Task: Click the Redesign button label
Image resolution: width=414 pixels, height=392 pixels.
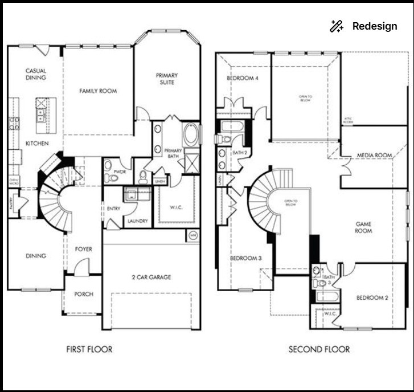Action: (x=375, y=26)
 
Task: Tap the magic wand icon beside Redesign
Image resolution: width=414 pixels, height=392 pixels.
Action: (x=337, y=26)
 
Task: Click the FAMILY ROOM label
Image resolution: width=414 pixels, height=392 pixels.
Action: (x=98, y=91)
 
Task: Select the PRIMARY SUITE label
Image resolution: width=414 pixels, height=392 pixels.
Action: (x=167, y=79)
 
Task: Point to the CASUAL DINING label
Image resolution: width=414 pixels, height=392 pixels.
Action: (x=35, y=74)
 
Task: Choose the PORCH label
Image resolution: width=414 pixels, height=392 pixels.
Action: (x=84, y=294)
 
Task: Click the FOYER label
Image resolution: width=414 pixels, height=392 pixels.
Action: (x=84, y=250)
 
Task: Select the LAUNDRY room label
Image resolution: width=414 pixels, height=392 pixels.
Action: (x=137, y=221)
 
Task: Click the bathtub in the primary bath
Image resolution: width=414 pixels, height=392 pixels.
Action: (x=191, y=136)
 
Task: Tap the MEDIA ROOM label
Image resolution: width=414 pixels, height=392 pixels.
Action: (x=374, y=156)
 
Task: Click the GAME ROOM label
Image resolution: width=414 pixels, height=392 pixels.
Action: (x=363, y=227)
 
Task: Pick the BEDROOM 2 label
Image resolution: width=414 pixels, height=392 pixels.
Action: (x=372, y=298)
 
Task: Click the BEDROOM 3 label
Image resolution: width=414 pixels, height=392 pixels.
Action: (x=246, y=258)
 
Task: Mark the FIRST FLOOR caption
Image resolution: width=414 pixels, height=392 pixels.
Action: (x=89, y=349)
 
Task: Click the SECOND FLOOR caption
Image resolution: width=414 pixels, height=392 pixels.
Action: (x=319, y=349)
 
